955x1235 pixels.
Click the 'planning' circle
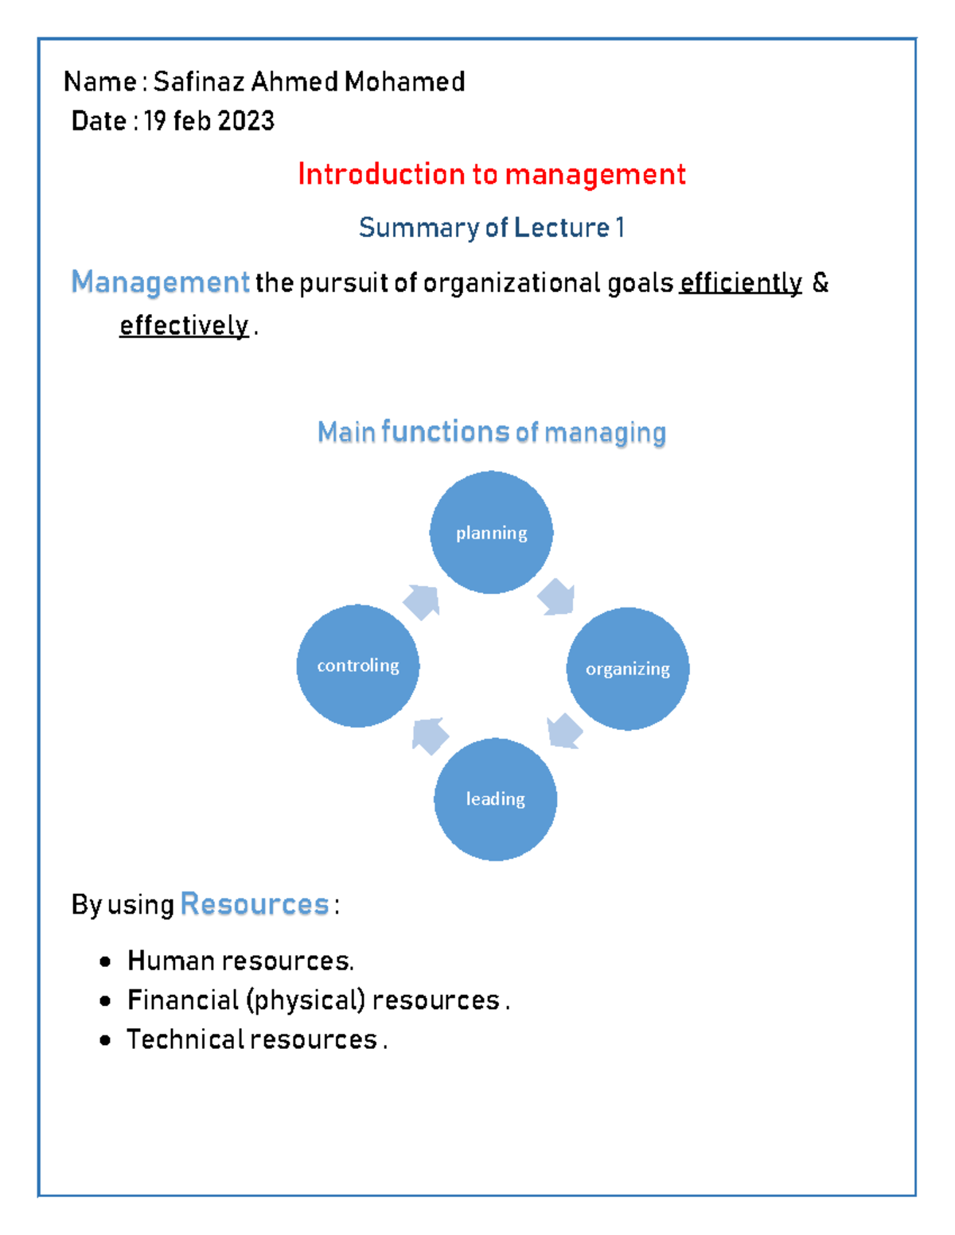(491, 532)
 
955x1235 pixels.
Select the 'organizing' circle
(627, 668)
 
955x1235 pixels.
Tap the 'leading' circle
(495, 798)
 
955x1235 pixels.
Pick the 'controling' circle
(358, 666)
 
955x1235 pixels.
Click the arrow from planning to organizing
(557, 596)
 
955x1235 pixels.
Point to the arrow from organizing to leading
(565, 730)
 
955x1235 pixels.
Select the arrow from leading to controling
(429, 736)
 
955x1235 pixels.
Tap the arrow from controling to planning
(422, 602)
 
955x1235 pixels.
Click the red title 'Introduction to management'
(491, 174)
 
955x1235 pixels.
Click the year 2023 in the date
(246, 121)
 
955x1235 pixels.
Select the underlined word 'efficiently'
(740, 282)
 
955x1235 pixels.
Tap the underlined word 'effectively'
(184, 325)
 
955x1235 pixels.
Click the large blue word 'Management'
(161, 282)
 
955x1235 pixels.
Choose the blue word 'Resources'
(255, 904)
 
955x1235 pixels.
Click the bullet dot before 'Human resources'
(106, 962)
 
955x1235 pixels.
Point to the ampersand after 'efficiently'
(821, 282)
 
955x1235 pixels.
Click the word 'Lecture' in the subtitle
(562, 227)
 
